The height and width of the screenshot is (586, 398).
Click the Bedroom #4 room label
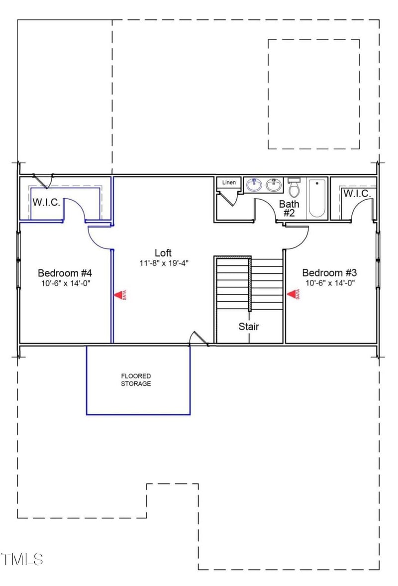point(65,273)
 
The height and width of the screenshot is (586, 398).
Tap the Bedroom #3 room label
point(329,273)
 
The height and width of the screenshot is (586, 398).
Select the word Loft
point(163,252)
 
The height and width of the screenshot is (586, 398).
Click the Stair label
point(248,327)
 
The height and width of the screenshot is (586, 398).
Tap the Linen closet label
point(229,183)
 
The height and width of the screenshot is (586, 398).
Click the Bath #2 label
point(289,208)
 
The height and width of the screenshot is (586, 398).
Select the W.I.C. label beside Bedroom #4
point(46,203)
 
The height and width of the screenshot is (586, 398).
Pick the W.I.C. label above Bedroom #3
point(357,193)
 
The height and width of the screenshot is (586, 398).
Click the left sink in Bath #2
point(254,185)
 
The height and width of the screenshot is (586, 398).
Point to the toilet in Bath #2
point(294,188)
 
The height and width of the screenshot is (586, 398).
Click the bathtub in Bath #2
point(316,198)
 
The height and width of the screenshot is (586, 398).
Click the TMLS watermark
point(22,559)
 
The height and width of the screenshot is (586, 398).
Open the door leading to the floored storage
point(199,339)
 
